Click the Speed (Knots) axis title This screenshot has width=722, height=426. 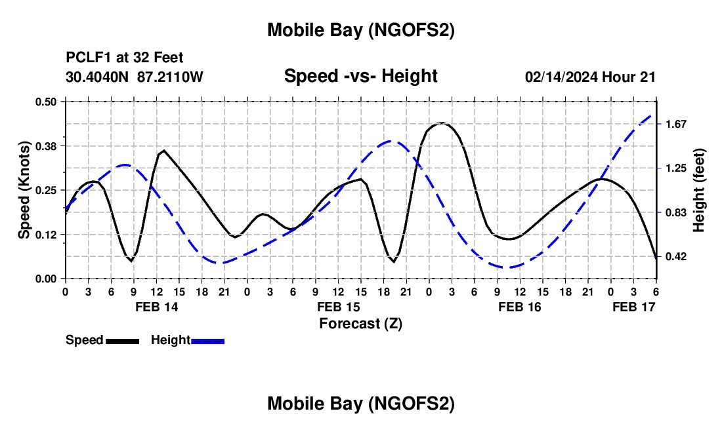pos(24,190)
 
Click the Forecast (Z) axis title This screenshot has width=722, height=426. pos(360,323)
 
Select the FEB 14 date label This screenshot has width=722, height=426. pos(156,306)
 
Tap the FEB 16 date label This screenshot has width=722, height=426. pos(519,306)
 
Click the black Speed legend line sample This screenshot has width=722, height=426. pos(121,340)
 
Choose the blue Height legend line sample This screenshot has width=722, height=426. pos(208,340)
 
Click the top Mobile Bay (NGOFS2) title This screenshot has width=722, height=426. pos(360,30)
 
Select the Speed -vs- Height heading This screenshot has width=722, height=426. pos(360,76)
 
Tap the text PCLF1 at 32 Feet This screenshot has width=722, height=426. pos(125,58)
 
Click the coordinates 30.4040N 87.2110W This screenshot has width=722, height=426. pos(135,77)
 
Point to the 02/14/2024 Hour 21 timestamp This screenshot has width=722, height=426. pos(590,77)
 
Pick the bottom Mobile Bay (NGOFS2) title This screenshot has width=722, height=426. pos(360,404)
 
